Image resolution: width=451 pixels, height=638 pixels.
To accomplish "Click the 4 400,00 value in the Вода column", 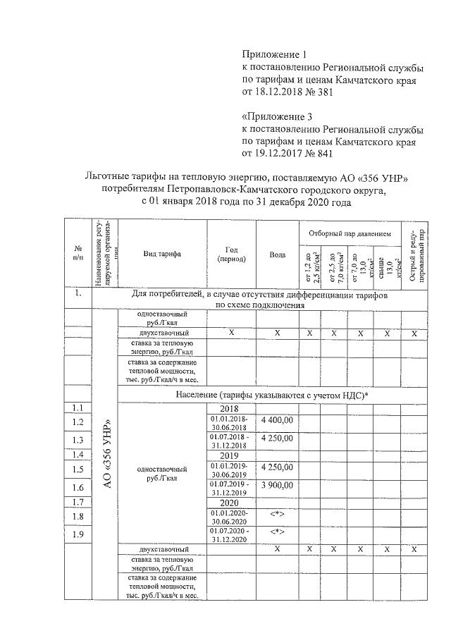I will (x=277, y=420).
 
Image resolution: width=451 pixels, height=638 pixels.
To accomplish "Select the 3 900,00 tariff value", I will (x=277, y=487).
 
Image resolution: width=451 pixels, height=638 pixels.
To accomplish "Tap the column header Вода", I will (x=277, y=254).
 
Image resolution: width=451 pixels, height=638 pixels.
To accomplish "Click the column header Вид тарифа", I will (x=162, y=254).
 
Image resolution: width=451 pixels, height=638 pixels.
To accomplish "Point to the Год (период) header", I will (x=231, y=254).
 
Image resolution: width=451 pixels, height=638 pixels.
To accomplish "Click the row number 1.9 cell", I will (x=78, y=536).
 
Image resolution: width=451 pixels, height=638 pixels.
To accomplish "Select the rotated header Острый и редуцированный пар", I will (x=414, y=254).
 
